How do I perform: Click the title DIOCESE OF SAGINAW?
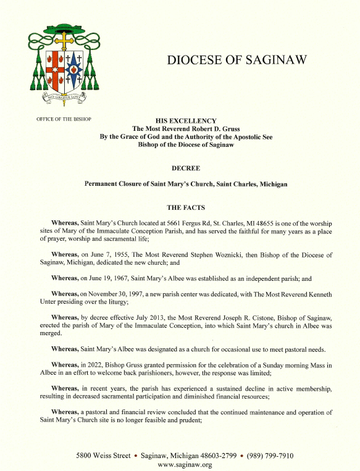[237, 60]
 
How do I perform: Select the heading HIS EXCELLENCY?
[186, 120]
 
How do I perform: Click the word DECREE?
[186, 167]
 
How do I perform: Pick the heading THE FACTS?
[186, 207]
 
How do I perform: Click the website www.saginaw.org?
[185, 465]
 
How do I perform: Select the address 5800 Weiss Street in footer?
[104, 456]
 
